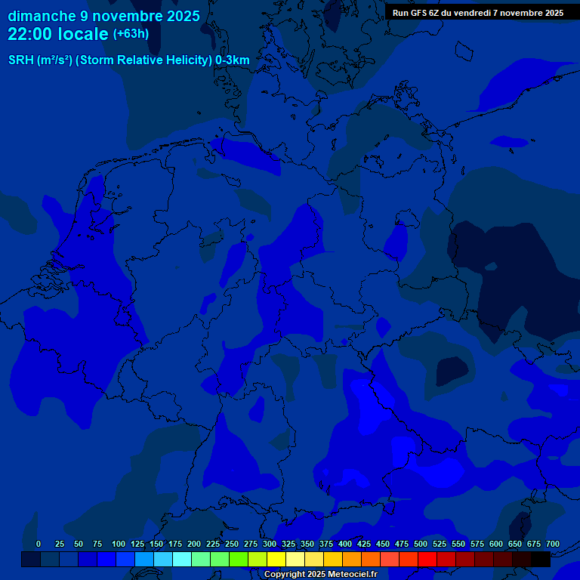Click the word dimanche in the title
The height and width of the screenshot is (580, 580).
click(x=42, y=15)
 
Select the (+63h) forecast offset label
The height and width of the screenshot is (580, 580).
click(x=131, y=34)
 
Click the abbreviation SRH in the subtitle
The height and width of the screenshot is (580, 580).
click(x=21, y=60)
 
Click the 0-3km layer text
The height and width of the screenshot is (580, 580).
click(x=233, y=60)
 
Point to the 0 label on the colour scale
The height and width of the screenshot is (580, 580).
click(x=39, y=544)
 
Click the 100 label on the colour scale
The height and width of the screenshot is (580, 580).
click(x=119, y=544)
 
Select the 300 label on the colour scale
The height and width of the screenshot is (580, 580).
click(x=270, y=544)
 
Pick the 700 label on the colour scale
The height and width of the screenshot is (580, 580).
click(x=553, y=544)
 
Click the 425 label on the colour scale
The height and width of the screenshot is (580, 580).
click(x=364, y=544)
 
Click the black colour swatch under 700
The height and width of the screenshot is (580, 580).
click(x=541, y=559)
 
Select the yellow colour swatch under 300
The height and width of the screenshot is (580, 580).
click(x=276, y=559)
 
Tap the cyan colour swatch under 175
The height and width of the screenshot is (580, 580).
click(x=182, y=559)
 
